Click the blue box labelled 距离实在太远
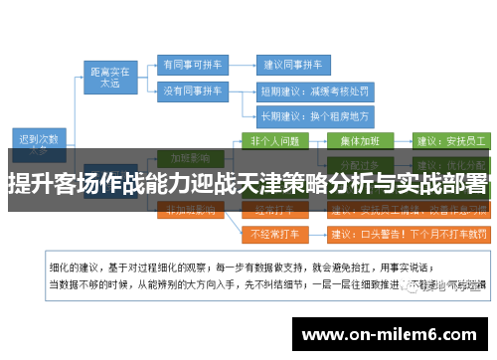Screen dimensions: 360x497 point(110,78)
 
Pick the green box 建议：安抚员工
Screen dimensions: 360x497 point(449,140)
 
